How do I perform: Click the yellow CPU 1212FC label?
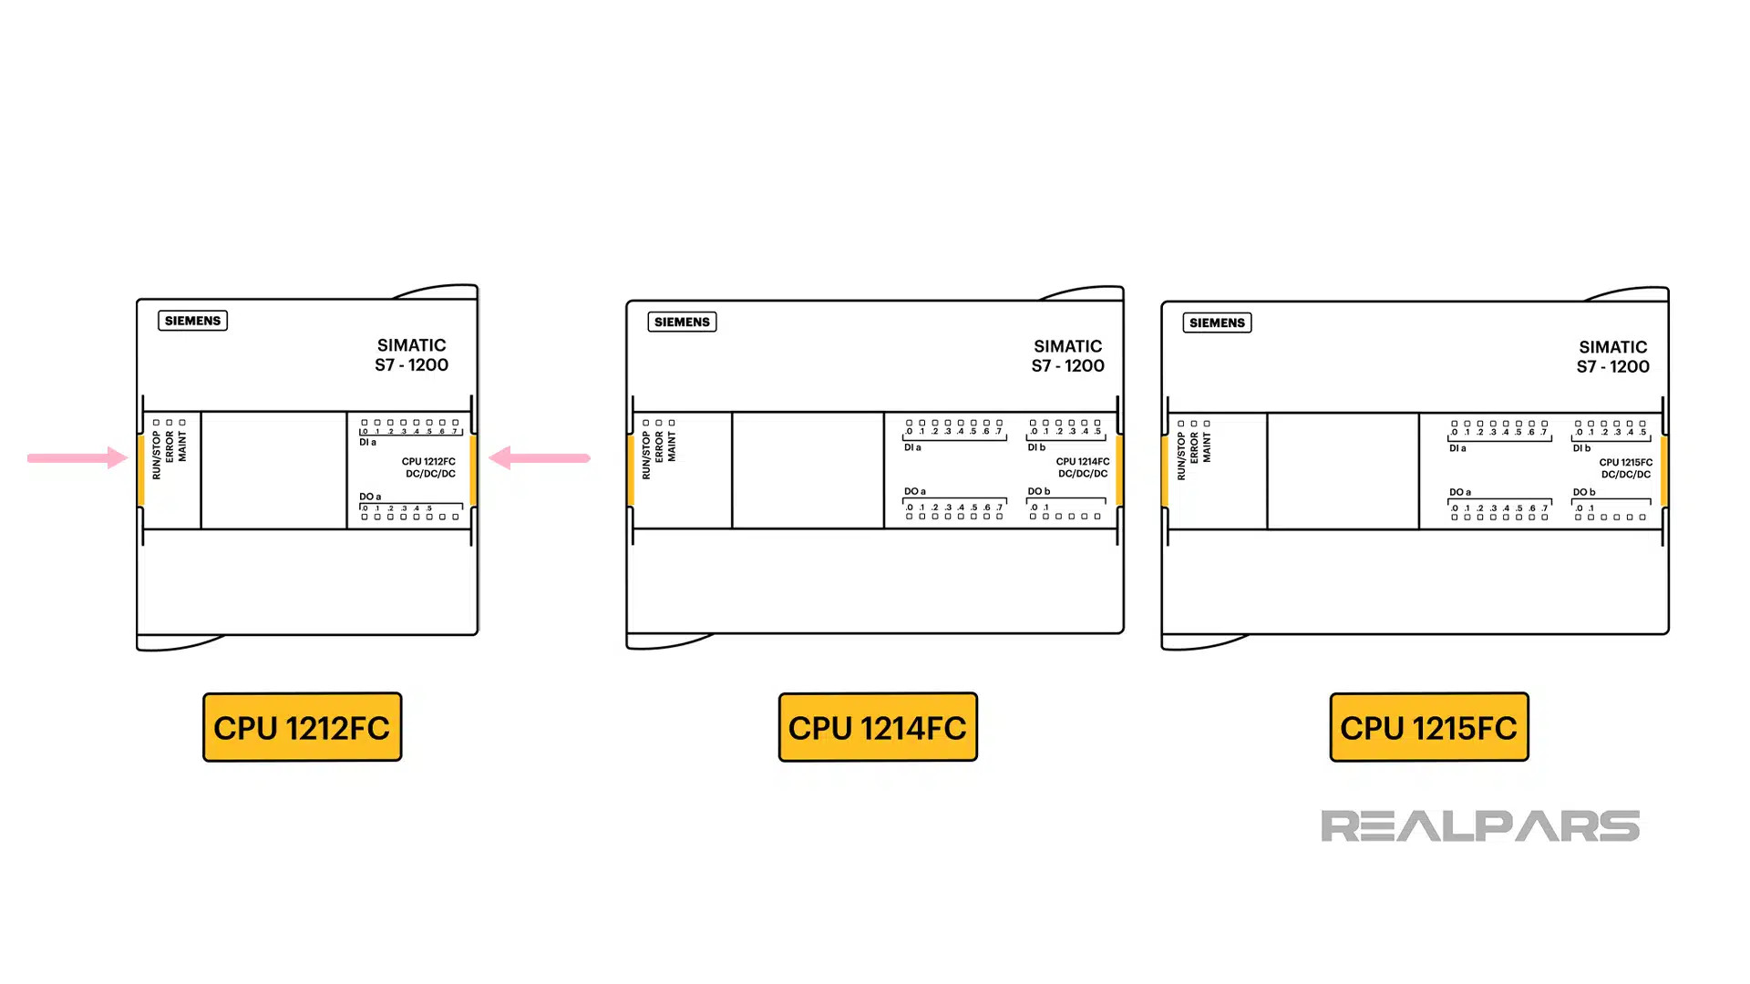302,727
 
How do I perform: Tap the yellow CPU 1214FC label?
878,727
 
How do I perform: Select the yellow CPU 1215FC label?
1429,727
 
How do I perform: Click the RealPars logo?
1480,825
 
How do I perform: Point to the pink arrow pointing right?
77,457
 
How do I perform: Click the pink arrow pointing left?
540,457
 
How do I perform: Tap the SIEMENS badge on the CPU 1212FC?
192,321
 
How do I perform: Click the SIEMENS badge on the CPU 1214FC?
682,322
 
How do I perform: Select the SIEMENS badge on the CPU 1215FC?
1217,323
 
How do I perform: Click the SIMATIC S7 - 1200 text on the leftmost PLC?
411,355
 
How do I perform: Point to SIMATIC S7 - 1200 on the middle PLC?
1067,356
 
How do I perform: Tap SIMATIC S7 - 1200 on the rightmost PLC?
1612,357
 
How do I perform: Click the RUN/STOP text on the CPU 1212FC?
157,456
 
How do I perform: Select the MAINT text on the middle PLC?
672,447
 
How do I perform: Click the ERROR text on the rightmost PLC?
1194,447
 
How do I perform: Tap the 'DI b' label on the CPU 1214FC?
1036,447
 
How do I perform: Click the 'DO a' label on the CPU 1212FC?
370,497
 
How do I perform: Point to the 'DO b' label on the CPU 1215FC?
1584,492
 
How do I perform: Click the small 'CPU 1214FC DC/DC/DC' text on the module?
1083,467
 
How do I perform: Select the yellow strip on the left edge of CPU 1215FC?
1165,471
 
